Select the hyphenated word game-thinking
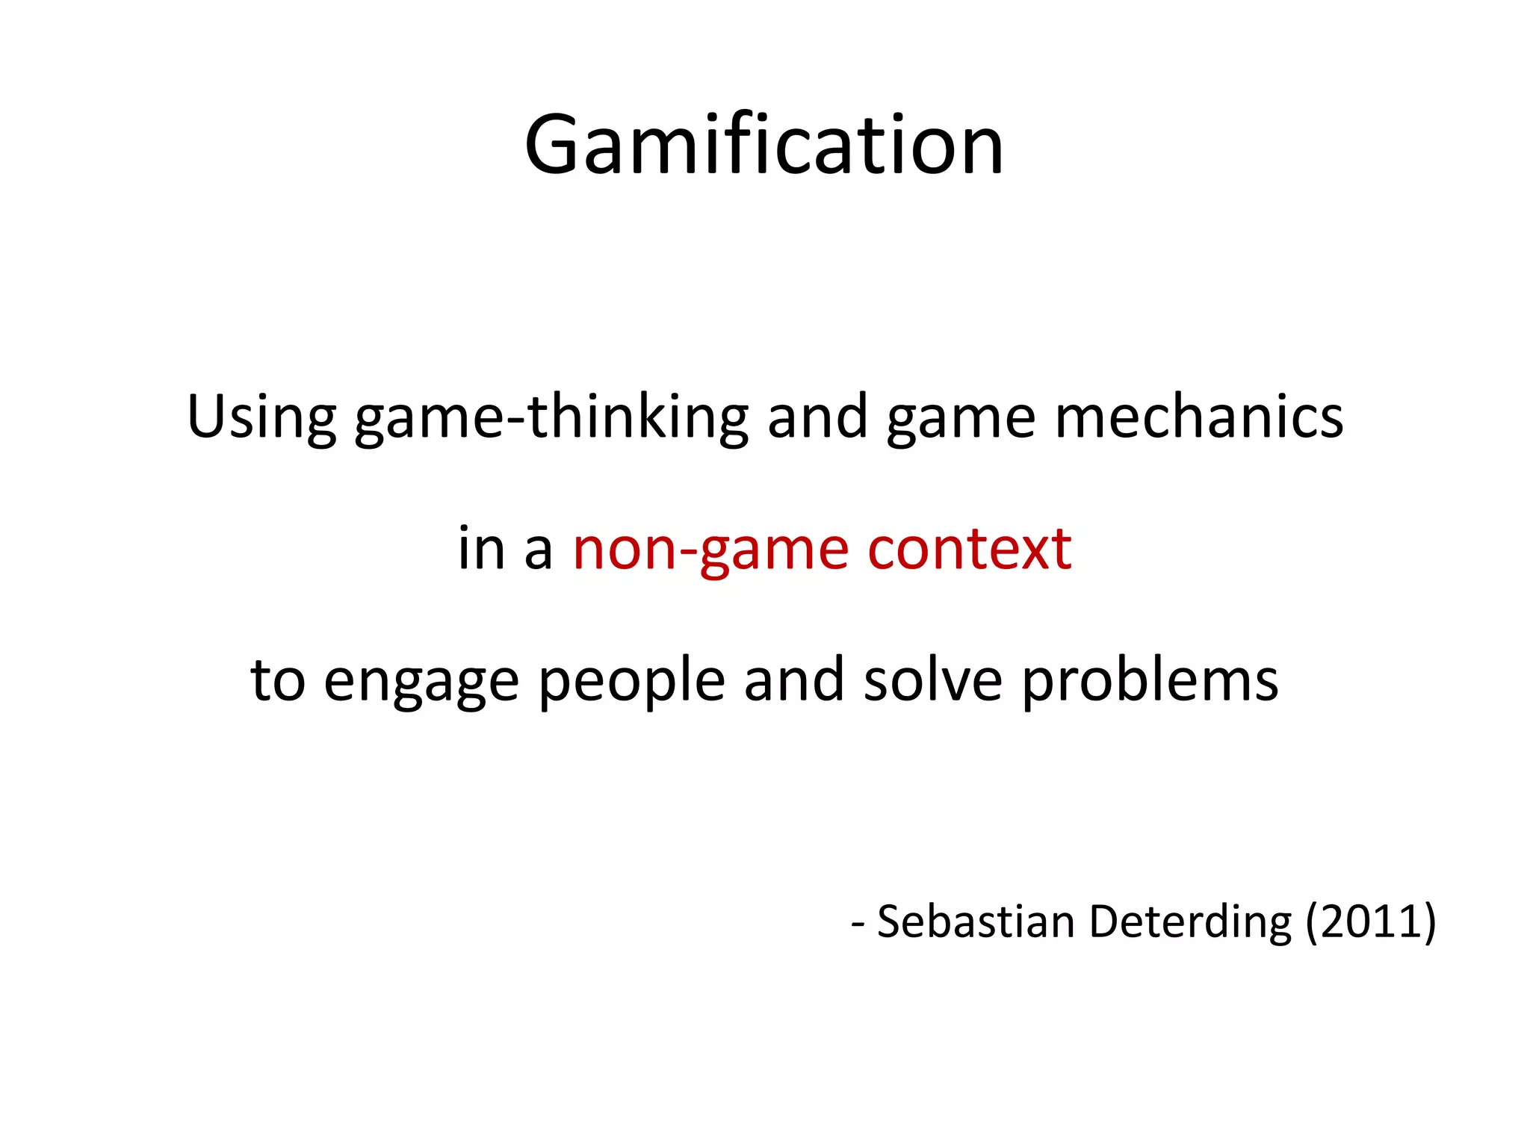pyautogui.click(x=551, y=418)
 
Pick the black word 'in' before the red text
pyautogui.click(x=482, y=548)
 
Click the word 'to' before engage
pyautogui.click(x=277, y=680)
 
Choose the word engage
pyautogui.click(x=421, y=683)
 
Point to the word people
pyautogui.click(x=631, y=683)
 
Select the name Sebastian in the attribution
pyautogui.click(x=976, y=921)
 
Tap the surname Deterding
pyautogui.click(x=1190, y=923)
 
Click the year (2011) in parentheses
pyautogui.click(x=1371, y=923)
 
